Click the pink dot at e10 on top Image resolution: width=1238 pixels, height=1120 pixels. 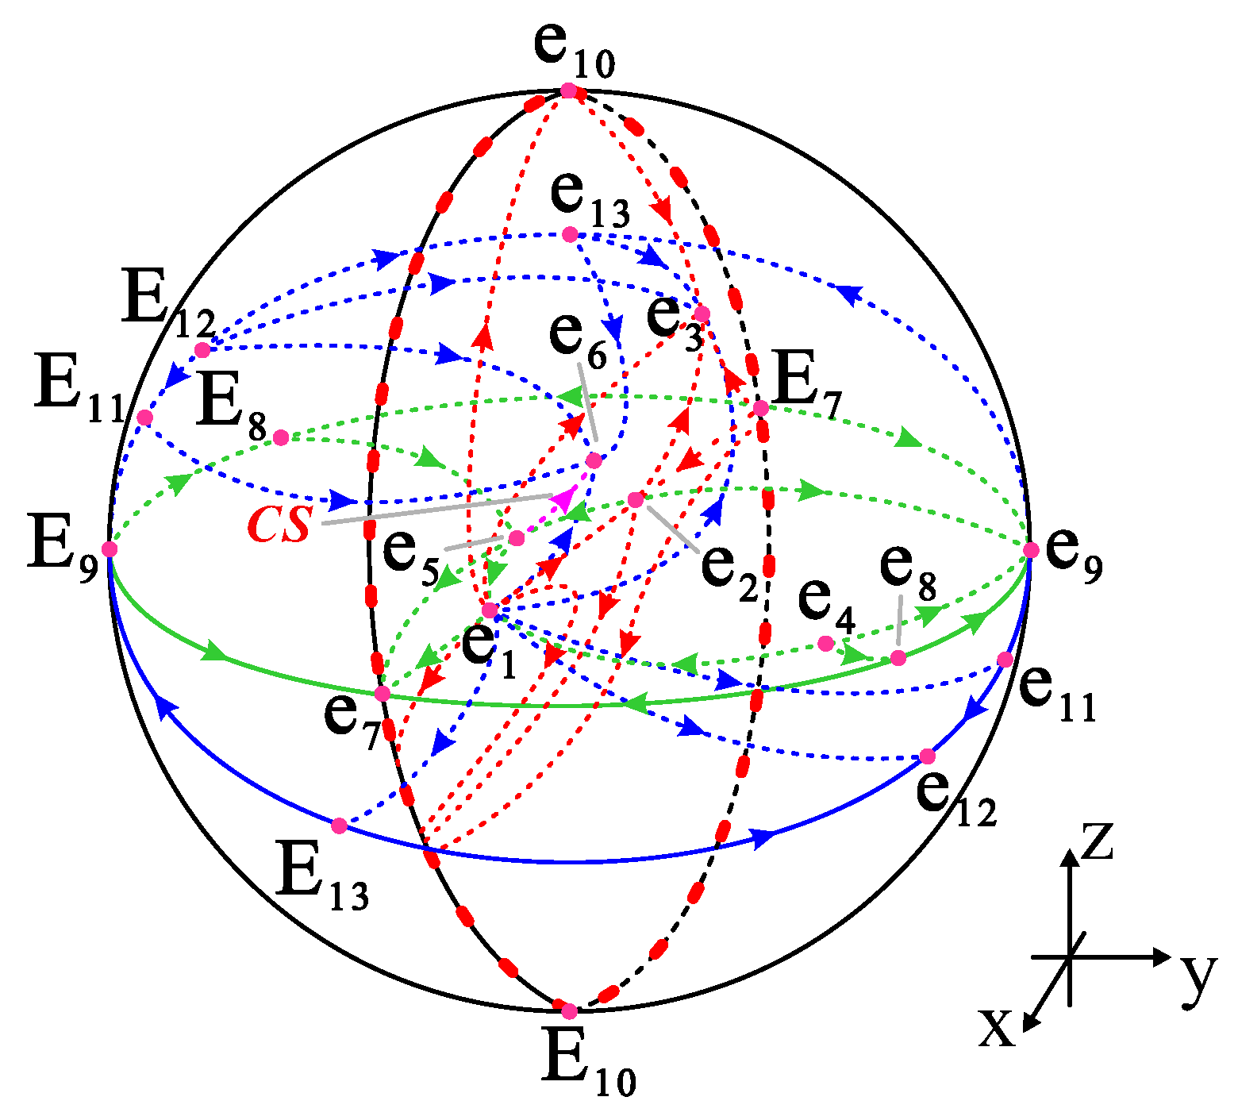coord(568,90)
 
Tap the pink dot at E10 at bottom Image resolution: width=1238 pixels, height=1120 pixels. coord(569,1011)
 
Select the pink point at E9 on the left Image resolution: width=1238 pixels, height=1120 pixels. coord(110,548)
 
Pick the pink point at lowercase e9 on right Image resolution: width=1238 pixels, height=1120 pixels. coord(1031,549)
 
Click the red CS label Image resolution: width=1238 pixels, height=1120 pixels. coord(279,525)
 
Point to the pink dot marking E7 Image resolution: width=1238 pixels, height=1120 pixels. coord(760,408)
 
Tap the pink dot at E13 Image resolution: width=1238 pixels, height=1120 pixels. coord(339,826)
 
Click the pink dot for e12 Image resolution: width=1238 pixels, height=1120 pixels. coord(927,756)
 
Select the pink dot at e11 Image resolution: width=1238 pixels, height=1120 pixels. coord(1005,659)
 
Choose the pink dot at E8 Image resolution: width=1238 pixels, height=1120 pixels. coord(280,437)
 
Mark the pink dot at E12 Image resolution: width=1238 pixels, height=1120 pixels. coord(202,350)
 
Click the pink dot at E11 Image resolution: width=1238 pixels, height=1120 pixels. coord(144,418)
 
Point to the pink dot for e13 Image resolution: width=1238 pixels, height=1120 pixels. coord(570,234)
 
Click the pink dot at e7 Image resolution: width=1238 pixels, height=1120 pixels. coord(382,693)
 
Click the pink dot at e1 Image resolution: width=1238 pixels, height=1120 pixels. coord(490,610)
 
